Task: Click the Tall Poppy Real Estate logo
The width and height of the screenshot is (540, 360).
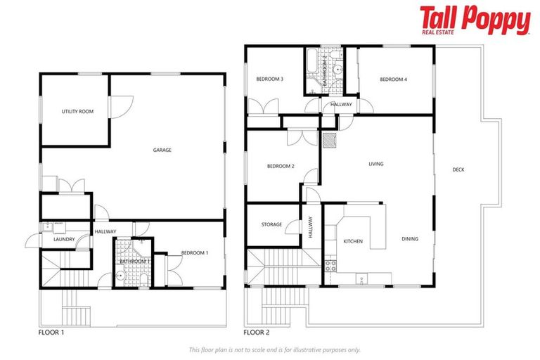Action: point(475,20)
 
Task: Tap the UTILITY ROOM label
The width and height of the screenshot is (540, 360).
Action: point(77,112)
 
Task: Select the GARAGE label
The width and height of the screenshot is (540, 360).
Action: point(162,150)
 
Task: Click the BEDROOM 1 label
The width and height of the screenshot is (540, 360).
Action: point(194,253)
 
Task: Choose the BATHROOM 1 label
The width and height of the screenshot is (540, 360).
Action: point(134,262)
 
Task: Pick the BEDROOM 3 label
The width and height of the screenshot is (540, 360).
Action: point(269,79)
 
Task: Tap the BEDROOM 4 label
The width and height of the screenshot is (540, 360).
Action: point(393,79)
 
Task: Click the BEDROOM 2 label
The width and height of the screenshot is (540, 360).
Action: point(280,167)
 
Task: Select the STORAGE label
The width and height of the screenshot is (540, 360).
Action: point(271,225)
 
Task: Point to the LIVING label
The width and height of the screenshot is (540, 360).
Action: point(376,165)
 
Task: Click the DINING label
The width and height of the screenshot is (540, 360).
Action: point(410,239)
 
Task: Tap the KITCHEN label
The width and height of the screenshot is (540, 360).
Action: point(352,242)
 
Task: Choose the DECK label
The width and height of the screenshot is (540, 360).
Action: point(458,169)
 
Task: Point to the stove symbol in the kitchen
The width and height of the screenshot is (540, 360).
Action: point(329,266)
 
